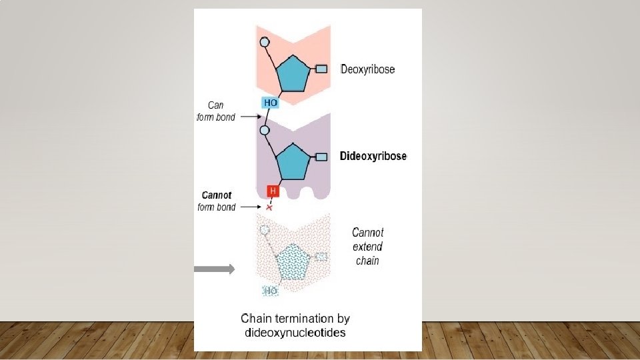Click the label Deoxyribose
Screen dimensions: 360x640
tap(368, 69)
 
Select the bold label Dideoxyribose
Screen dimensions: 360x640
tap(373, 157)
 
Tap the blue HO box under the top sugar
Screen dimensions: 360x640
tap(270, 103)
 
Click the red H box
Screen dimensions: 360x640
tap(273, 191)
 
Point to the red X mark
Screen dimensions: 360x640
tap(269, 208)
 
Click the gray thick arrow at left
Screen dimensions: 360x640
tap(214, 269)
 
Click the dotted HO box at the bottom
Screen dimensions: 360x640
tap(270, 291)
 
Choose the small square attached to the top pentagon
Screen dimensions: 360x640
tap(321, 69)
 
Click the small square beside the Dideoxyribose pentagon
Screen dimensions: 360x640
tap(321, 157)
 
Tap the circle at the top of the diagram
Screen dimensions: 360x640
tap(264, 42)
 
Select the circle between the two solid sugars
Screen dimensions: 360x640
tap(264, 131)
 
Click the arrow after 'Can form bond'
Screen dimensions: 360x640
tap(249, 117)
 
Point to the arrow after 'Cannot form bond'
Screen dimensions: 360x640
tap(249, 207)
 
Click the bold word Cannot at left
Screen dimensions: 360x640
tap(217, 195)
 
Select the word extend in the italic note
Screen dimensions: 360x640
tap(368, 247)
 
